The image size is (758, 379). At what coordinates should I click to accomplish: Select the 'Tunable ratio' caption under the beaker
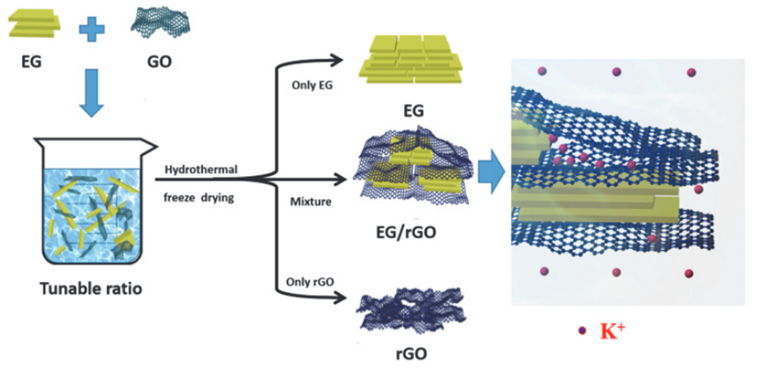[x=89, y=288]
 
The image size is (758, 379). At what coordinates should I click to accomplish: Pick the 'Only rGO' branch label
[x=309, y=282]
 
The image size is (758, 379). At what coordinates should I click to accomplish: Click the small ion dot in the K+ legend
[x=583, y=332]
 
